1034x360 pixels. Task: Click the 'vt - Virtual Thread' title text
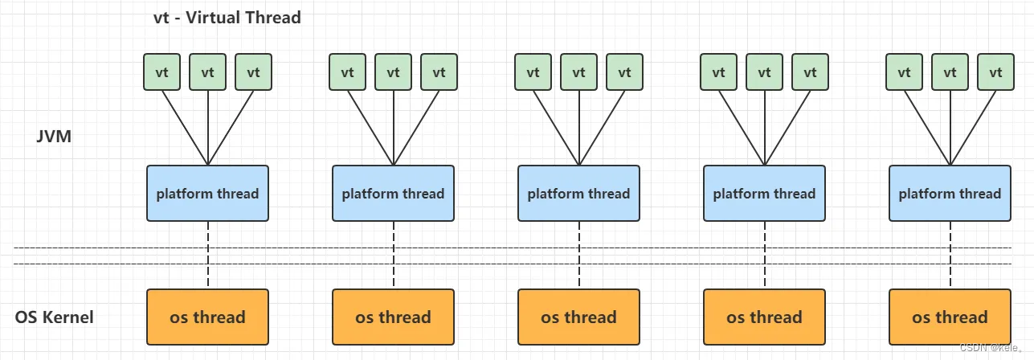click(227, 17)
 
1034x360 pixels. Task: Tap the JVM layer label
click(54, 137)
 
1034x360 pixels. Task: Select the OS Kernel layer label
click(55, 317)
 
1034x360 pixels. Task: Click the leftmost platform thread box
click(207, 193)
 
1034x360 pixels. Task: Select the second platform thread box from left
click(393, 193)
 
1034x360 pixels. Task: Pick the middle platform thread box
click(578, 193)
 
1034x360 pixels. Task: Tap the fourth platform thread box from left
click(764, 193)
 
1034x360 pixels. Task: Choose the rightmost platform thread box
click(950, 193)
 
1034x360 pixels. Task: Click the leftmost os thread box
click(207, 317)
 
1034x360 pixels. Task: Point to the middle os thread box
click(578, 317)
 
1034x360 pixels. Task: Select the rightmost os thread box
click(950, 317)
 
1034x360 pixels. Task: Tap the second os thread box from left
click(393, 317)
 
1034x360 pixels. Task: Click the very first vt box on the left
click(162, 72)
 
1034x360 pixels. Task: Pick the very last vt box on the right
click(996, 72)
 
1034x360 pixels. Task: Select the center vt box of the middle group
click(578, 72)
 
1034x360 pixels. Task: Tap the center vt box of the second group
click(393, 72)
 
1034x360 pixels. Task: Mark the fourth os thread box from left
click(764, 317)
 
